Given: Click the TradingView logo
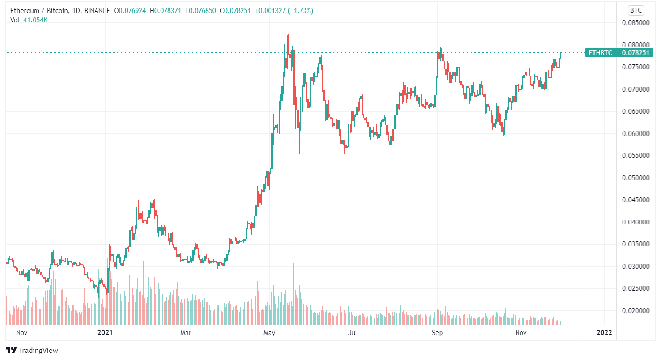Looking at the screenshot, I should pyautogui.click(x=32, y=350).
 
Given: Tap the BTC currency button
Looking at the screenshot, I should pyautogui.click(x=636, y=10).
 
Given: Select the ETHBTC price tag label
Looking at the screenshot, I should pyautogui.click(x=600, y=53).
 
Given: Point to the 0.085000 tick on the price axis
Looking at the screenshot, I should pyautogui.click(x=636, y=23).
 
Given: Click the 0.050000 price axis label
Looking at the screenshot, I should pyautogui.click(x=636, y=178).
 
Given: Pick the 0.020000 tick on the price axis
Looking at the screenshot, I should pyautogui.click(x=636, y=311).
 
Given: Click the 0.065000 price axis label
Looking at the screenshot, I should pyautogui.click(x=636, y=111).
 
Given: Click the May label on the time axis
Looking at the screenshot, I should pyautogui.click(x=269, y=333).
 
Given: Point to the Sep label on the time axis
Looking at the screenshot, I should pyautogui.click(x=437, y=333).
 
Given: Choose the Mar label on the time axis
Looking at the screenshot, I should pyautogui.click(x=186, y=333).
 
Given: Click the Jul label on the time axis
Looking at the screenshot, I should pyautogui.click(x=353, y=333).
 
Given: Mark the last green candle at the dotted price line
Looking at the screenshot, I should pyautogui.click(x=560, y=55).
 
